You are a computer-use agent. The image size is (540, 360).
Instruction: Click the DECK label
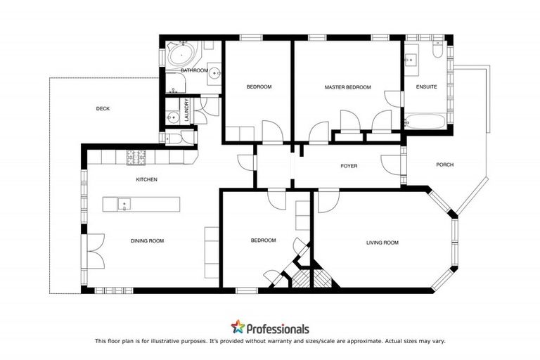tap(103, 108)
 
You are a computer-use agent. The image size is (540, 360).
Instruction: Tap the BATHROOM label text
tap(193, 71)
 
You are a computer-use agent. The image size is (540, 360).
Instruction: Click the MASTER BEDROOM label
tap(347, 87)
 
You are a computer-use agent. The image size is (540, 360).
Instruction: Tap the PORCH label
tap(444, 165)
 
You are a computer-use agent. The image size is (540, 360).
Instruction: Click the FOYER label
tap(349, 167)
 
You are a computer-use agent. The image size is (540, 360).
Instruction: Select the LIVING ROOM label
tap(382, 243)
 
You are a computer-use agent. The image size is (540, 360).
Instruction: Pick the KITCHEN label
tap(146, 180)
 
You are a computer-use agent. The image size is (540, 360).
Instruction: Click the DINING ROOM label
tap(147, 241)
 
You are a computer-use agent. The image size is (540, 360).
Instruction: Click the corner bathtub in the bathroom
tap(181, 56)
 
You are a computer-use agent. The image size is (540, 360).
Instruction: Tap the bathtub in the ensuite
tap(426, 121)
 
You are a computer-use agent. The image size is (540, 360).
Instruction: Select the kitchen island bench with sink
tap(141, 205)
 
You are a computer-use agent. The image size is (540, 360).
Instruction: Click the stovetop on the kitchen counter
tap(134, 158)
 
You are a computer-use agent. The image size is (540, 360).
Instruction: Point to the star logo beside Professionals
tap(238, 327)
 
